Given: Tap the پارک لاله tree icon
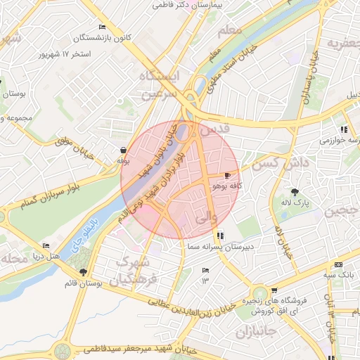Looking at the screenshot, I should tap(295, 191).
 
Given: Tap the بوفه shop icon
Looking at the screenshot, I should tap(124, 150).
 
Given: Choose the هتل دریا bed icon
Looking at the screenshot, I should tap(46, 245).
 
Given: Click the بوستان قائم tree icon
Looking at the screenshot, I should tap(84, 271).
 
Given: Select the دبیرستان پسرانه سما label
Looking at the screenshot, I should tap(221, 248).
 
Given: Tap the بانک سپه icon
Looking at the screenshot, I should tap(339, 264).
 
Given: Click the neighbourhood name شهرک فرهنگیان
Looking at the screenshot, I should tap(134, 270).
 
